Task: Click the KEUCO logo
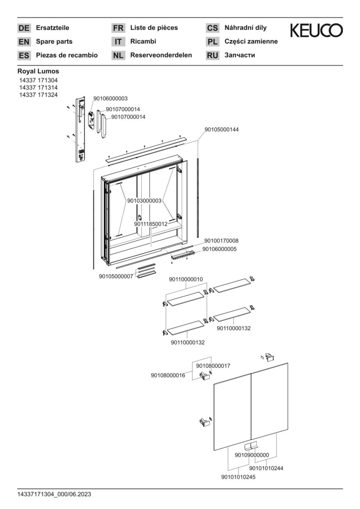tap(316, 31)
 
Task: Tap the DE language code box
tap(24, 28)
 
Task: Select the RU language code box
tap(213, 56)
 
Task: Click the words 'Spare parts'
tap(54, 41)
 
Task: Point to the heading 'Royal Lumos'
tap(38, 72)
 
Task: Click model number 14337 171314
tap(38, 88)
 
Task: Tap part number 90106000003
tap(110, 99)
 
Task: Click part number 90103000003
tap(144, 201)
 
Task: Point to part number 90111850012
tap(151, 224)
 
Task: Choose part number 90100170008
tap(220, 241)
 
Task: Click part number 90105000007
tap(116, 276)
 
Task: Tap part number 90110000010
tap(186, 279)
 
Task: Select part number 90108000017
tap(213, 366)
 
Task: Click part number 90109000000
tap(252, 455)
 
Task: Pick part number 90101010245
tap(238, 477)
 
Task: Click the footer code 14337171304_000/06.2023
tap(54, 494)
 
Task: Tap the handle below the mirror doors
tap(250, 446)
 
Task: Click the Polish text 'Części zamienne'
tap(251, 41)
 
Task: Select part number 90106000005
tap(220, 249)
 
